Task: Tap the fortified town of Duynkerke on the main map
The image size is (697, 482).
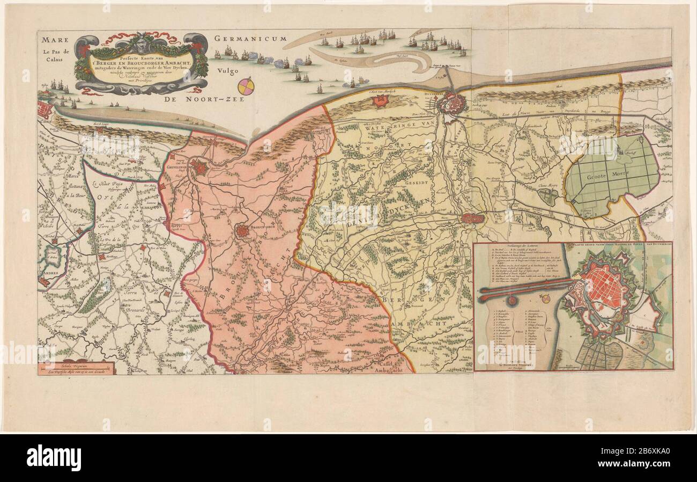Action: (451, 104)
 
